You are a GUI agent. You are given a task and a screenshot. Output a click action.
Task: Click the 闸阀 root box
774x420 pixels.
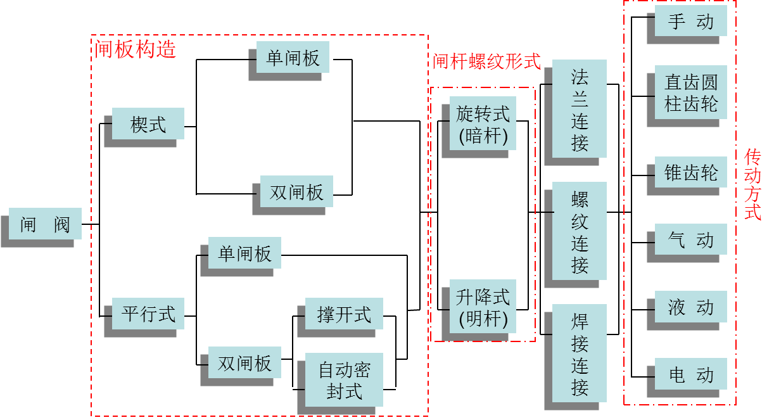pyautogui.click(x=45, y=224)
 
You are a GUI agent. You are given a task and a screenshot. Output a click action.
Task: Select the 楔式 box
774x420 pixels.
pyautogui.click(x=148, y=124)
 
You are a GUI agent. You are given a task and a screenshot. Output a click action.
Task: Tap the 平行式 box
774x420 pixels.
pyautogui.click(x=148, y=313)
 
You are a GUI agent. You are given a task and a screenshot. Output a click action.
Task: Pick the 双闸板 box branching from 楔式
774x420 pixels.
pyautogui.click(x=296, y=191)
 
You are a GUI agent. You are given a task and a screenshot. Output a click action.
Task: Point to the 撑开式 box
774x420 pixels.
pyautogui.click(x=344, y=314)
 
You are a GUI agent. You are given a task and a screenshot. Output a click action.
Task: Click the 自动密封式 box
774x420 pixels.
pyautogui.click(x=344, y=379)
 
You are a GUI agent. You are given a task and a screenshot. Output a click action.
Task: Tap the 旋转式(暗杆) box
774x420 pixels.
pyautogui.click(x=483, y=124)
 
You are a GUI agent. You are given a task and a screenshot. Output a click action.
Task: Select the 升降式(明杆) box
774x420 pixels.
pyautogui.click(x=483, y=307)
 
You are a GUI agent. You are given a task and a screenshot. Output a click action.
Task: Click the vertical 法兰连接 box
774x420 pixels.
pyautogui.click(x=580, y=109)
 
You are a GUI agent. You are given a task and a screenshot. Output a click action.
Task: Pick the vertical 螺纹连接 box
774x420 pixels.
pyautogui.click(x=580, y=231)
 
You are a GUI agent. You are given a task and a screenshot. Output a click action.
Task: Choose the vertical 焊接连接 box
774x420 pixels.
pyautogui.click(x=580, y=353)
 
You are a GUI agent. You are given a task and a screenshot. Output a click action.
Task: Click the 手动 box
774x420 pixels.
pyautogui.click(x=690, y=22)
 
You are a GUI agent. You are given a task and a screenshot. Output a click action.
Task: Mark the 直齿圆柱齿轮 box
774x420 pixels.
pyautogui.click(x=690, y=92)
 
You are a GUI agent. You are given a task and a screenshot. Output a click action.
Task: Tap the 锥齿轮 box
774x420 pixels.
pyautogui.click(x=690, y=172)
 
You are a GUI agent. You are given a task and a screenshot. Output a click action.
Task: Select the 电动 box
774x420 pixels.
pyautogui.click(x=690, y=374)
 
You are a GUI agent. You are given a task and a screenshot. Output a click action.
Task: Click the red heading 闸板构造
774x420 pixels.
pyautogui.click(x=135, y=49)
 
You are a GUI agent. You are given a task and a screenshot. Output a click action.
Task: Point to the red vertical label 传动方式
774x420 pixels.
pyautogui.click(x=752, y=184)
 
